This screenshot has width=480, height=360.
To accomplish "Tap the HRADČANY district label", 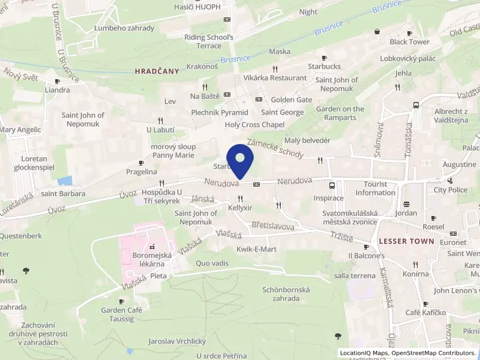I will click(157, 71).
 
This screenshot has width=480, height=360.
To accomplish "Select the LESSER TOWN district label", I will click(406, 241).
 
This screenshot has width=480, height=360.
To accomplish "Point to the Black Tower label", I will click(410, 42).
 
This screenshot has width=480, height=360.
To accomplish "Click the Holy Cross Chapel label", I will click(254, 125).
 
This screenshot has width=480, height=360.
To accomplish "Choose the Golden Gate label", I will click(292, 100).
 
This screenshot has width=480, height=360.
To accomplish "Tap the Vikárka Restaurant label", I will click(275, 78).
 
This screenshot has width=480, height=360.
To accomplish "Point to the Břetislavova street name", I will click(273, 227).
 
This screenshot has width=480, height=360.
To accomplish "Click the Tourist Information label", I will click(376, 188).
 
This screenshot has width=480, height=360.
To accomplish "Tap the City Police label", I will click(450, 190).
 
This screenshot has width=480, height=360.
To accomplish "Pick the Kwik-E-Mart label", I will click(257, 249).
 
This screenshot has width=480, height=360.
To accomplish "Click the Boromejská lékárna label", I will click(152, 259).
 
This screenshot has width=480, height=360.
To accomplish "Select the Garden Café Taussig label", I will click(122, 314).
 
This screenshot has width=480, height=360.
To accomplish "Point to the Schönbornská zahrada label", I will click(286, 294).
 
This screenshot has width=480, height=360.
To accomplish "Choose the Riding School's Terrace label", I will click(203, 41).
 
